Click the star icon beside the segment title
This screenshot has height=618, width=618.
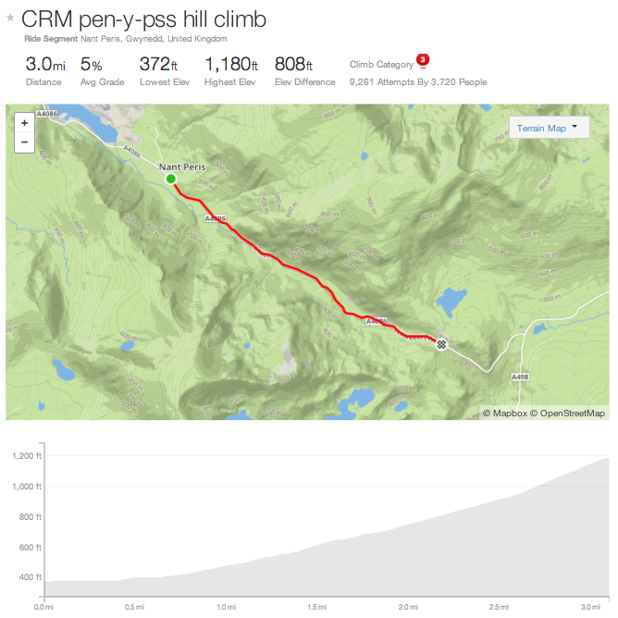coord(10,17)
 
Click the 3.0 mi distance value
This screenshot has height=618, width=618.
coord(43,65)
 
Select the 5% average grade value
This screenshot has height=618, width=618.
coord(91,65)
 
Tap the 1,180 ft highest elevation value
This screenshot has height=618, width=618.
coord(230,65)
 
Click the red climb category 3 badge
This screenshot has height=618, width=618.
coord(422,61)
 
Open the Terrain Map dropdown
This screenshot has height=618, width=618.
coord(549,128)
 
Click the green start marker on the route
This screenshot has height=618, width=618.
coord(170,179)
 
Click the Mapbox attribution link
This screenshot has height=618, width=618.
coord(505,414)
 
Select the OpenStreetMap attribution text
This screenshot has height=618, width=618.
coord(572,414)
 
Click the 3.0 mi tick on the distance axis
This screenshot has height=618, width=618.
coord(590,608)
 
